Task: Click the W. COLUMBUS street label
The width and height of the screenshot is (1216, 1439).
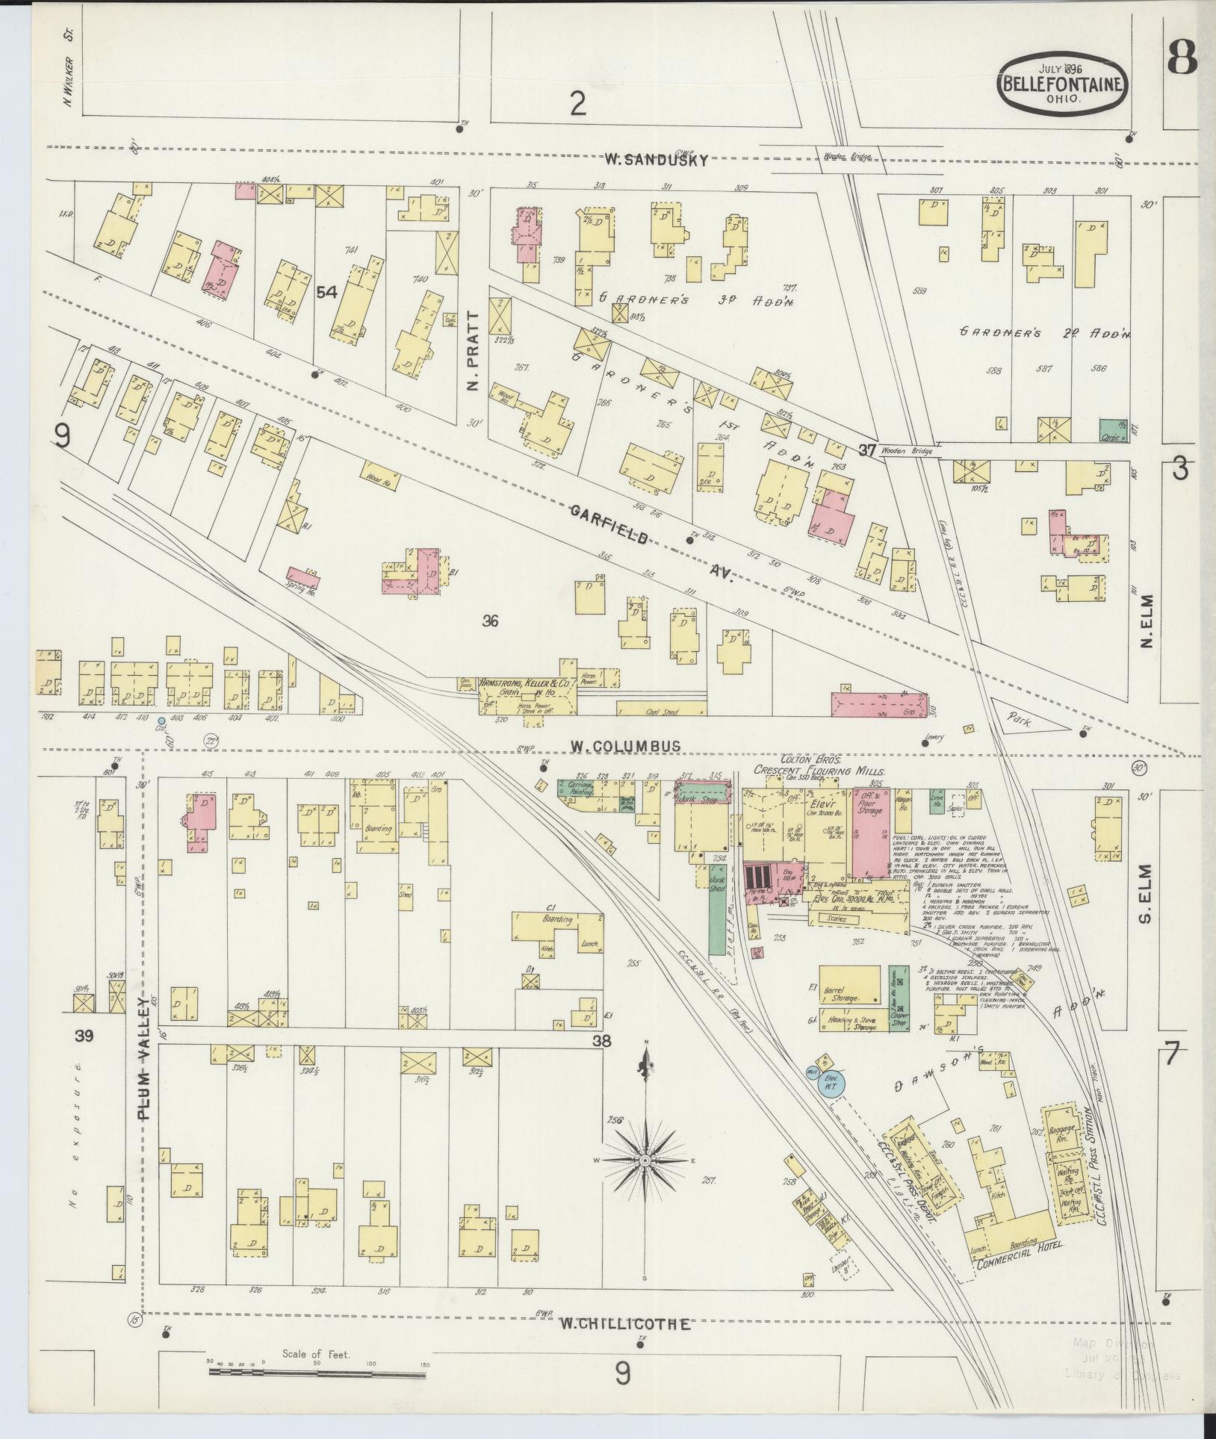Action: click(x=624, y=745)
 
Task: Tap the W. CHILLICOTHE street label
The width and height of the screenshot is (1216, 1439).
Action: click(x=624, y=1325)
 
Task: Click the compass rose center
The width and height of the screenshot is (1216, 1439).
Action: click(x=644, y=1181)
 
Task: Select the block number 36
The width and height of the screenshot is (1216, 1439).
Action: click(x=490, y=620)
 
